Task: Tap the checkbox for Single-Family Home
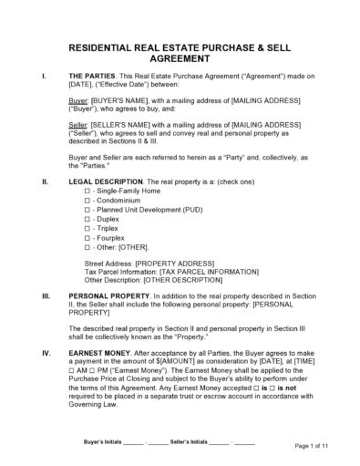click(x=87, y=192)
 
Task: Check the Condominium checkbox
click(x=87, y=205)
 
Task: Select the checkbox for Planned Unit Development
click(x=87, y=219)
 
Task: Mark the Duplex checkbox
click(x=87, y=232)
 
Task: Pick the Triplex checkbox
click(x=87, y=244)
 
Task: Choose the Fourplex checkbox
click(x=87, y=258)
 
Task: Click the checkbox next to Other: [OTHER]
click(x=87, y=271)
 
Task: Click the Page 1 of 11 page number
click(x=309, y=446)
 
